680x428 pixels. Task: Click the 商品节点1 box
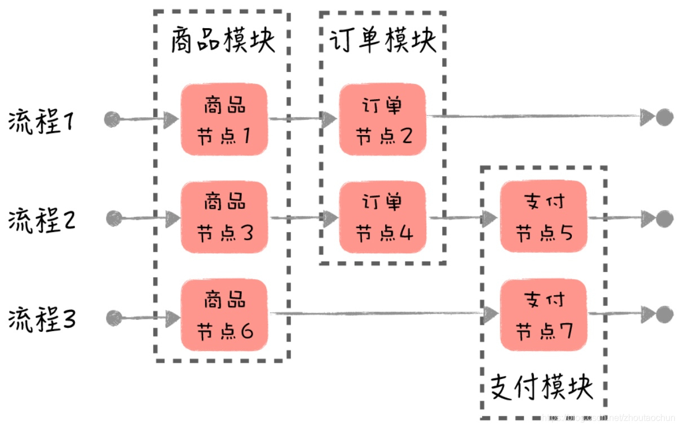click(x=224, y=119)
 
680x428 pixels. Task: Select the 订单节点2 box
click(x=382, y=119)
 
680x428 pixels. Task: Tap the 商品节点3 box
click(x=224, y=217)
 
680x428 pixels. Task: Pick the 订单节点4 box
click(x=382, y=217)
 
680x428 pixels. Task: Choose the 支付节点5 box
click(x=544, y=217)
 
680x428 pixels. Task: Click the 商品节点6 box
click(x=224, y=315)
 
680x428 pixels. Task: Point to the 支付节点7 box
click(x=544, y=315)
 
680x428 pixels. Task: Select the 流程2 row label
click(x=42, y=220)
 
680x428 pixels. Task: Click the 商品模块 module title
click(x=223, y=41)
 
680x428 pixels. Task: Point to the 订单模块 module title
click(x=383, y=41)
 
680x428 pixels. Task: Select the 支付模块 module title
click(x=542, y=387)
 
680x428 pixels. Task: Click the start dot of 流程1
click(x=112, y=119)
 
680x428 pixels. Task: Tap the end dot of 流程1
click(x=665, y=118)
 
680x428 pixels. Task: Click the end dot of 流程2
click(x=665, y=219)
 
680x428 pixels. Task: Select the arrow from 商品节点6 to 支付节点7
click(x=383, y=313)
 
